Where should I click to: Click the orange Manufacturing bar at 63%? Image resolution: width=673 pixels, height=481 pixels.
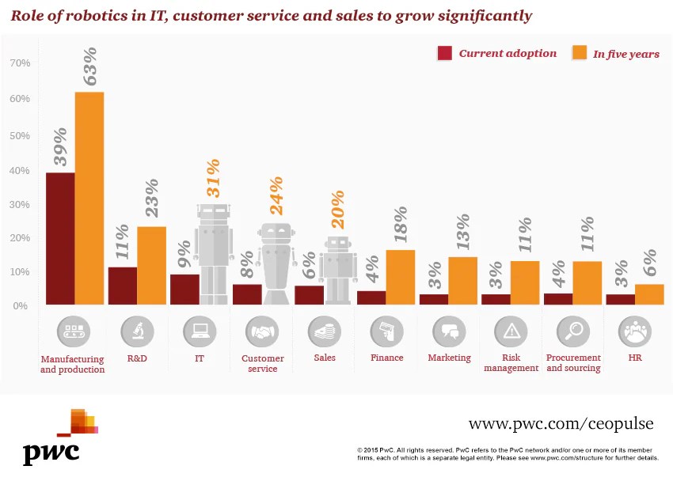(89, 198)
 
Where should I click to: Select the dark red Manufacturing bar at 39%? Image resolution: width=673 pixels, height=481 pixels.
(60, 238)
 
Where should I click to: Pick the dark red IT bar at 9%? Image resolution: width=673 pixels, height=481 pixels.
(184, 289)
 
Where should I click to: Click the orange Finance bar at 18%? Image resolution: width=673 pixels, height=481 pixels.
(401, 277)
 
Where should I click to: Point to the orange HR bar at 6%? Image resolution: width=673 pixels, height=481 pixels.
(649, 294)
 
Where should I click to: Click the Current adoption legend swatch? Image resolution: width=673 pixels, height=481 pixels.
(445, 53)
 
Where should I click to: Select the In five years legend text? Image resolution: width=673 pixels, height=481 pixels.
(625, 55)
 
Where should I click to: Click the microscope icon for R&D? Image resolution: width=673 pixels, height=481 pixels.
(137, 331)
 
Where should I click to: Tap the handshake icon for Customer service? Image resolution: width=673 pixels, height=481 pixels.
(262, 331)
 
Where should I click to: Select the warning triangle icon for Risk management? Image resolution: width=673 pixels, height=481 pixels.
(511, 331)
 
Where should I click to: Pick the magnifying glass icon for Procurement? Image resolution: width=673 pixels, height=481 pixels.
(572, 331)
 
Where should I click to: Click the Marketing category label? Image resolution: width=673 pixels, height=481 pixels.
(449, 358)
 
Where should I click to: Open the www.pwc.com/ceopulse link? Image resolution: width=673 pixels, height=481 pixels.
(561, 424)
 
